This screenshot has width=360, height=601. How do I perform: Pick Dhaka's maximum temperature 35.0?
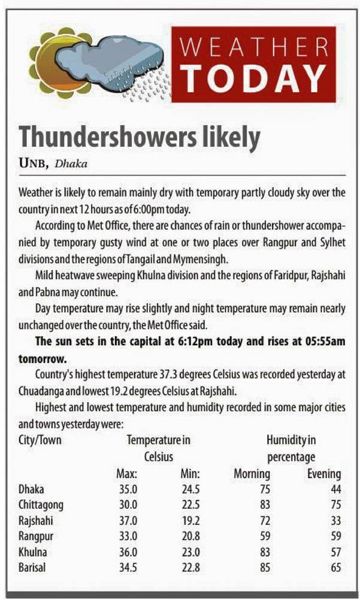(128, 490)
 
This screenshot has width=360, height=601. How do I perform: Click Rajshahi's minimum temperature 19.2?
(190, 521)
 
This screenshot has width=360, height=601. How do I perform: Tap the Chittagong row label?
(41, 505)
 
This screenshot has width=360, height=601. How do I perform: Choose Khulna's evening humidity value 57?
(334, 552)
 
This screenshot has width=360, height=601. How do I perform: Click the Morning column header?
(252, 474)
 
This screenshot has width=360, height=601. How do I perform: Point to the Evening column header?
(324, 474)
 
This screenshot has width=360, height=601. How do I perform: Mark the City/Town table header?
(40, 440)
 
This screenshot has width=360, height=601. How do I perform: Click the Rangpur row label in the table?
(37, 536)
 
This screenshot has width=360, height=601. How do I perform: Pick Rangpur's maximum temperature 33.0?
(128, 536)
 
